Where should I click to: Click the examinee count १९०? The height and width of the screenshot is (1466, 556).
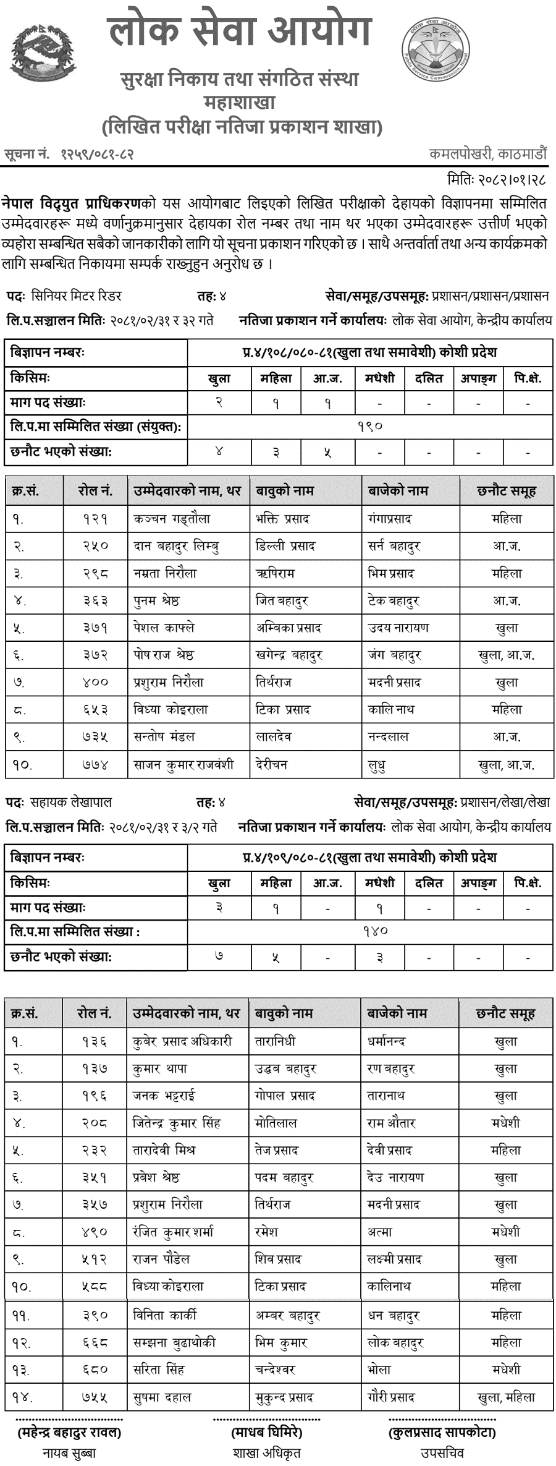(370, 427)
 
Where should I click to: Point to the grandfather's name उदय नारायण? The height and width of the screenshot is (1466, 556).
(398, 628)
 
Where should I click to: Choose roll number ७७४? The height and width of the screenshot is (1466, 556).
(95, 765)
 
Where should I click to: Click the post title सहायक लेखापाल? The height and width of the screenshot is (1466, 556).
(71, 803)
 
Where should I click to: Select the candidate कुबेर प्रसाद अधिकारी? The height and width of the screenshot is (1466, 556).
(182, 1042)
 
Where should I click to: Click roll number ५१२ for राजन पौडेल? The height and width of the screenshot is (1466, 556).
(95, 1259)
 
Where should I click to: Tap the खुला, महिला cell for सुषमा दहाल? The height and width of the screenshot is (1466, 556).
(506, 1397)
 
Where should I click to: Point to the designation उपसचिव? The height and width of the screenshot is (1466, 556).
(442, 1452)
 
